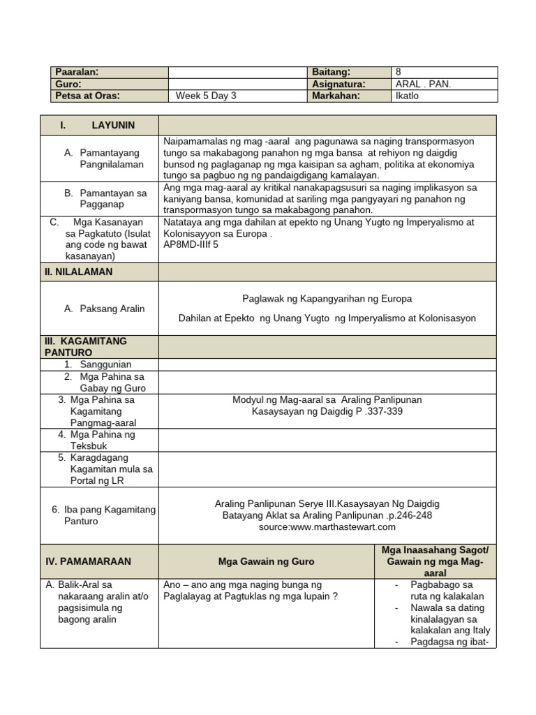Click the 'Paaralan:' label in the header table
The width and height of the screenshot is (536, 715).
[x=77, y=72]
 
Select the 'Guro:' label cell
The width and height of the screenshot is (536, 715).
[x=69, y=84]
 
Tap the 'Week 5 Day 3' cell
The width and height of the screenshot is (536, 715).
[x=206, y=96]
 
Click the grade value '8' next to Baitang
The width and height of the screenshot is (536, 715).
[x=399, y=72]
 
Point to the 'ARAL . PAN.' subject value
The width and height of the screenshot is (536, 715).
[x=423, y=84]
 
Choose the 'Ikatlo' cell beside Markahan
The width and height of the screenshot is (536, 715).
[x=407, y=96]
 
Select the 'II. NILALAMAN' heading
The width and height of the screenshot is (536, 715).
[x=77, y=272]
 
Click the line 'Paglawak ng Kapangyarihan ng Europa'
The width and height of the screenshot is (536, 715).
[x=327, y=299]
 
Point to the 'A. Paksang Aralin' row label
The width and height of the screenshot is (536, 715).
[x=104, y=309]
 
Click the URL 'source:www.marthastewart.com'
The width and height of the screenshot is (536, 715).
[x=327, y=526]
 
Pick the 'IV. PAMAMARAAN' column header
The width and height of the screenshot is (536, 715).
[x=87, y=561]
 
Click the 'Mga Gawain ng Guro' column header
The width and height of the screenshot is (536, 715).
[x=267, y=561]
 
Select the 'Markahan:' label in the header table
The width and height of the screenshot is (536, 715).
[x=337, y=96]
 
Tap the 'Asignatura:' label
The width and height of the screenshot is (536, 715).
[x=340, y=84]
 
